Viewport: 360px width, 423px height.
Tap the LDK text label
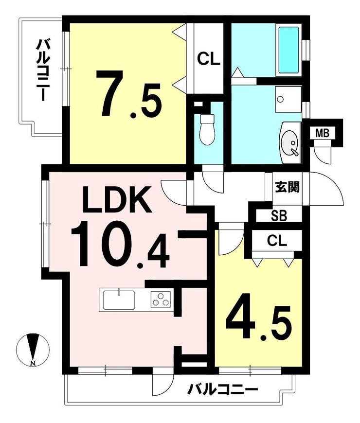[116, 199]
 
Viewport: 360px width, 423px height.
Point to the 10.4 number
[120, 245]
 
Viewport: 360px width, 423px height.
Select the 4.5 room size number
[259, 322]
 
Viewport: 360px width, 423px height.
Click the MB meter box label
[322, 133]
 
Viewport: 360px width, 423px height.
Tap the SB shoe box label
[279, 216]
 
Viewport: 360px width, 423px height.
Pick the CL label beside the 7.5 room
[209, 59]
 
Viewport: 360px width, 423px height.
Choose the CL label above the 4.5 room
[277, 240]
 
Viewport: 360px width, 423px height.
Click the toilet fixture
[207, 129]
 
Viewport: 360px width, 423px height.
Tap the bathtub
[288, 50]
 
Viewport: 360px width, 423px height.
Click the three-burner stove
[162, 300]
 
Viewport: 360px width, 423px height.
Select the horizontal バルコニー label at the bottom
[223, 389]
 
